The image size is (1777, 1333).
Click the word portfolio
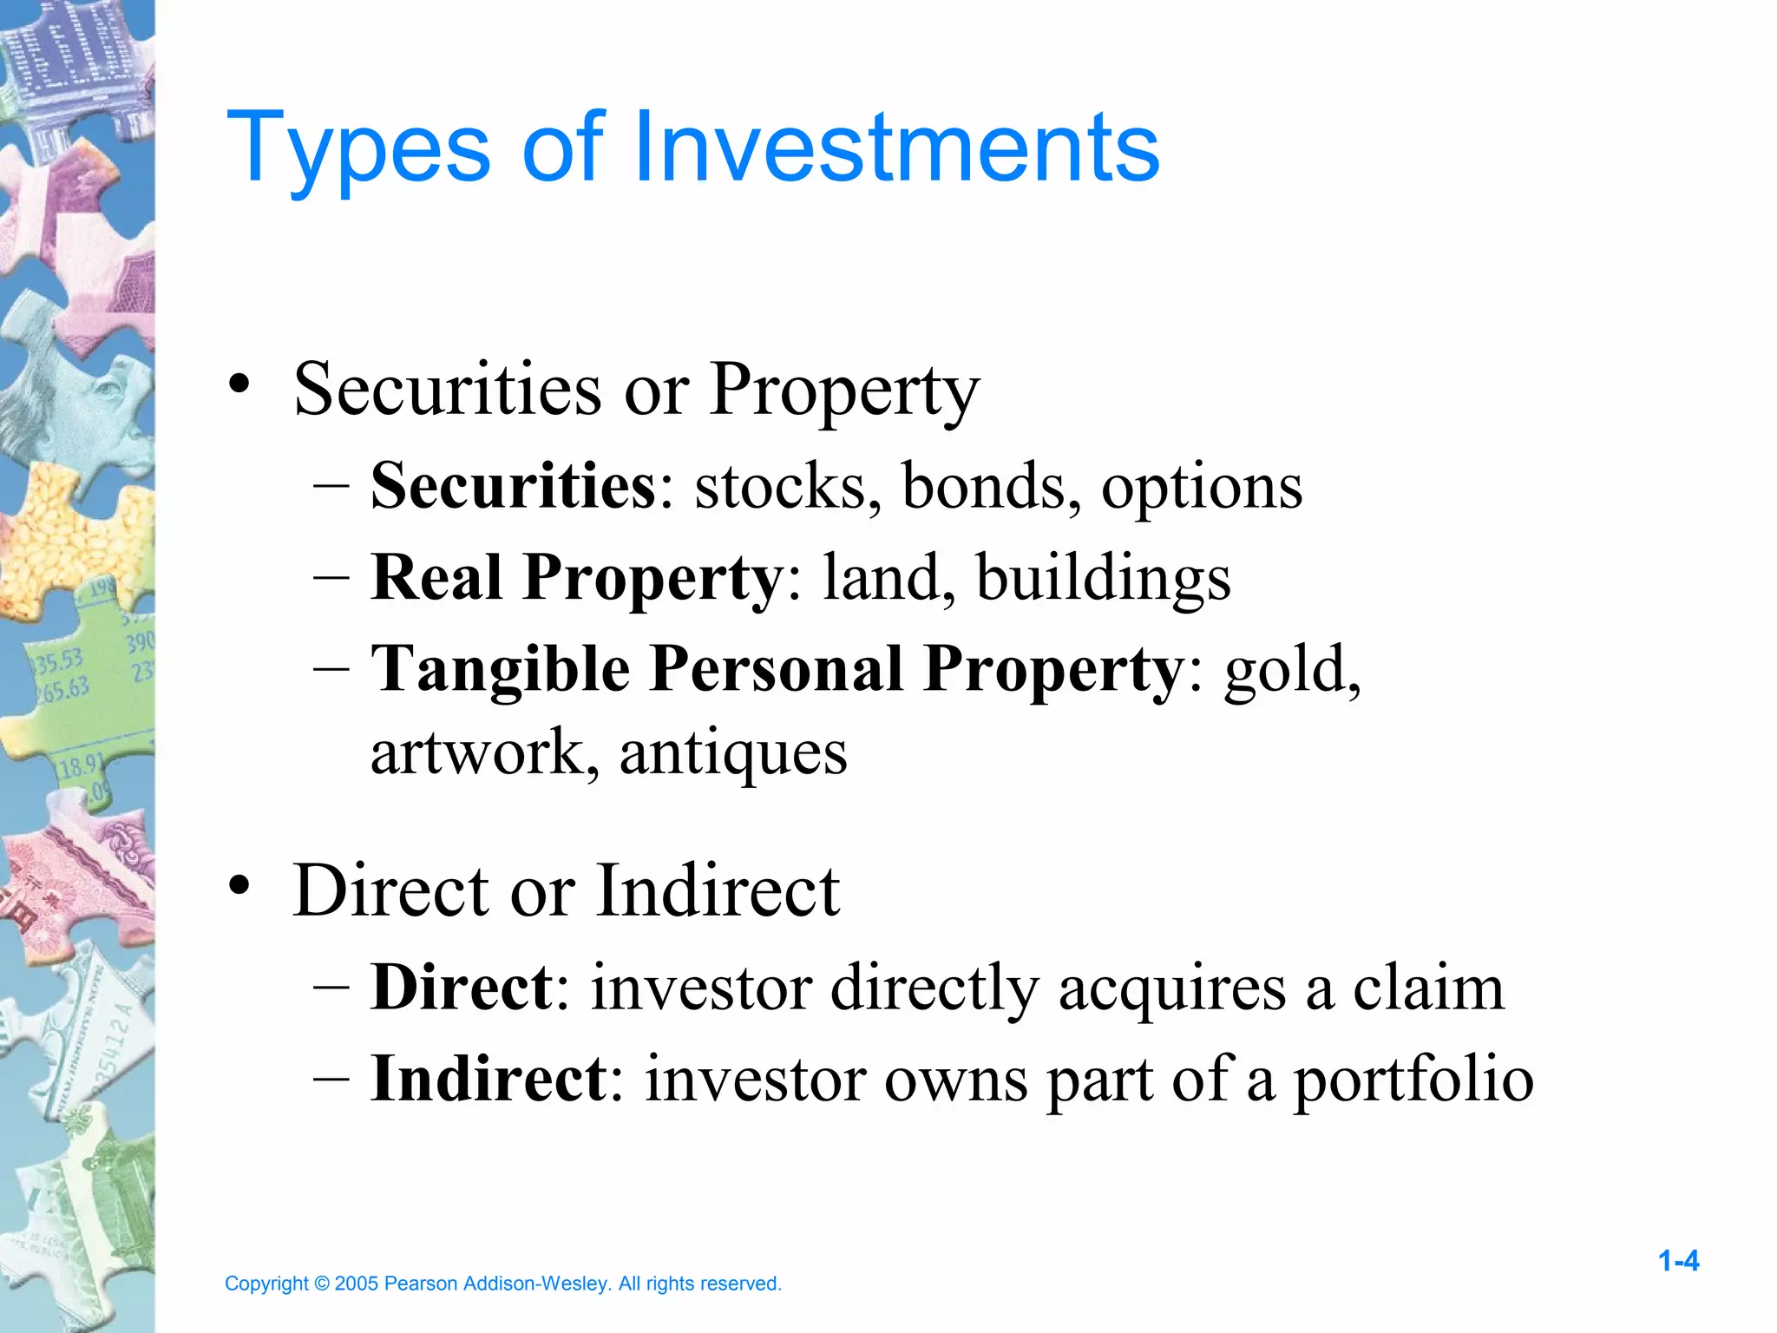coord(1413,1080)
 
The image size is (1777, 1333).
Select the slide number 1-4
coord(1678,1261)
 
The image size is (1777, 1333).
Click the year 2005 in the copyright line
coord(356,1284)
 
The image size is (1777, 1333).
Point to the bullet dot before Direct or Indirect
coord(239,886)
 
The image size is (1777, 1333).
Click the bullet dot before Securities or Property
coord(239,384)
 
